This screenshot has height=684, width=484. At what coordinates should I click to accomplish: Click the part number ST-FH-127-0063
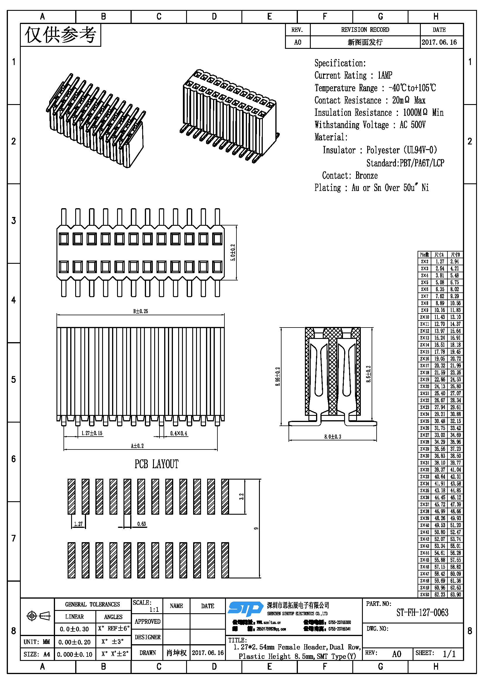coord(422,613)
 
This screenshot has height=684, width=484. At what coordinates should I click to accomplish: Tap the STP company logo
coord(245,609)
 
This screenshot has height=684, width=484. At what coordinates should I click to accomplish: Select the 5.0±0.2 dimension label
coord(233,253)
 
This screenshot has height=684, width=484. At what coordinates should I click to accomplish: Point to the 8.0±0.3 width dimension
coord(333,437)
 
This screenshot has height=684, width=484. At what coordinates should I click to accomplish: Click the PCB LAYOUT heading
coord(157,464)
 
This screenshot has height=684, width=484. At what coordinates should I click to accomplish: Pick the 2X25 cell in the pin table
coord(424,421)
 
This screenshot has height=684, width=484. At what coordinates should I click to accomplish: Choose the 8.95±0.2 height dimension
coord(278,377)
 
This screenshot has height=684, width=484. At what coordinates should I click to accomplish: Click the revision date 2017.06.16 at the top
coord(439,42)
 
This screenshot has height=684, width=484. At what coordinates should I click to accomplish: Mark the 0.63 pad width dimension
coord(142,524)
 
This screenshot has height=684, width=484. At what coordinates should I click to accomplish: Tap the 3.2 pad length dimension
coord(241,496)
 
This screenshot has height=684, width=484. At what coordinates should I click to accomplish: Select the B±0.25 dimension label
coord(140,311)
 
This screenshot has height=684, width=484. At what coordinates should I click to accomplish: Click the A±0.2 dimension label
coord(137,446)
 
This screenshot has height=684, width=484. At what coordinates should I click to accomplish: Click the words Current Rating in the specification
coord(340,75)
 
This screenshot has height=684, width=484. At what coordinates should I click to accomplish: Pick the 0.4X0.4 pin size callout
coord(179,433)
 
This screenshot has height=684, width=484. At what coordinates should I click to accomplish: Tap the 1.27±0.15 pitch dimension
coord(92,433)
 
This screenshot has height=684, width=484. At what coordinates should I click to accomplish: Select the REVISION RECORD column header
coord(365,30)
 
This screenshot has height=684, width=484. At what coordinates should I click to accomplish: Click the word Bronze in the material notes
coord(366,175)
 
